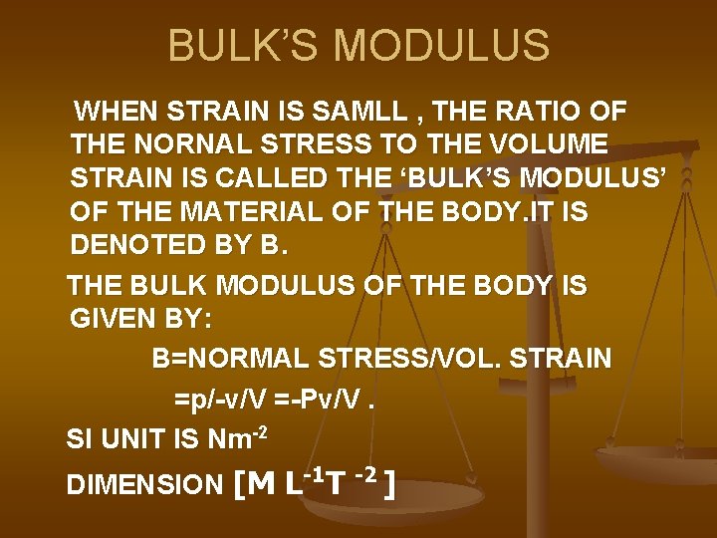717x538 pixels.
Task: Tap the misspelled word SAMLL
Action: click(361, 109)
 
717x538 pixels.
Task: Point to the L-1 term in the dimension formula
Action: click(303, 483)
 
